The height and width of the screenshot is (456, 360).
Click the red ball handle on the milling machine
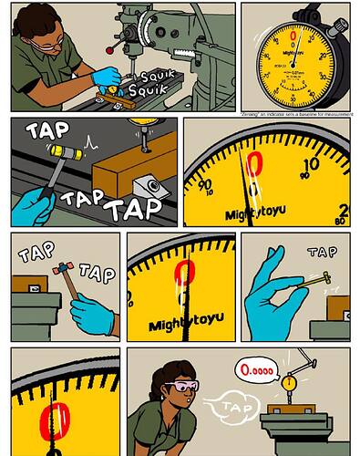point(110,48)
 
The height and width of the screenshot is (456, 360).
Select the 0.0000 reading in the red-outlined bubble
point(256,371)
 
